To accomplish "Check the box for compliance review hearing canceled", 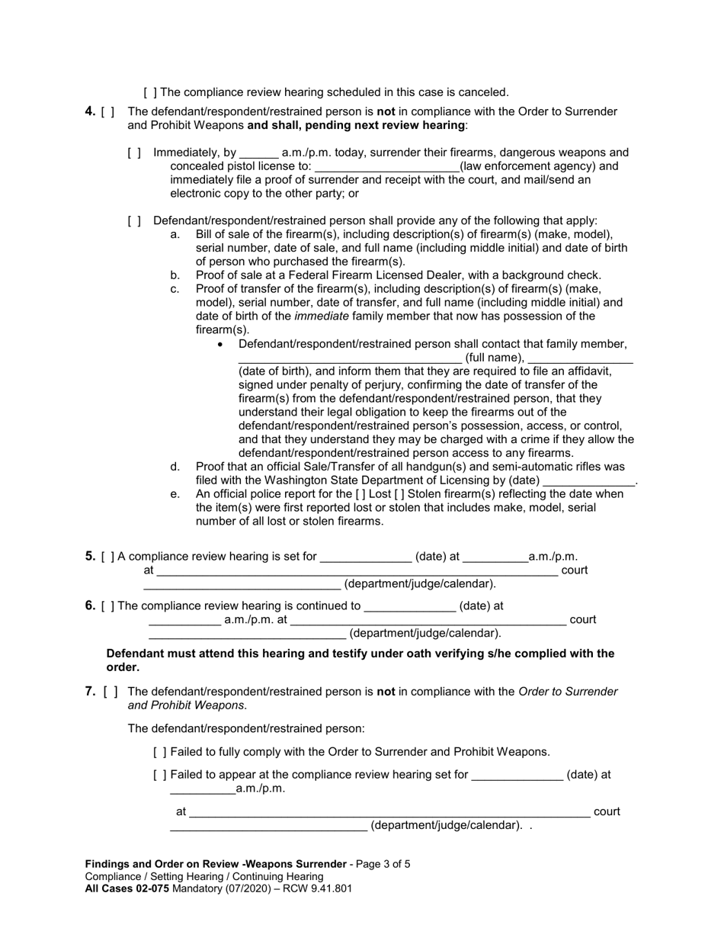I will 150,92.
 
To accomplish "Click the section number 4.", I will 90,111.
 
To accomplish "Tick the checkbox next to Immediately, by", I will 134,153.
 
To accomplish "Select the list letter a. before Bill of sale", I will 175,234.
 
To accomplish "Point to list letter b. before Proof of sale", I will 175,275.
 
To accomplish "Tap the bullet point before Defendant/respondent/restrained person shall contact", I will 221,345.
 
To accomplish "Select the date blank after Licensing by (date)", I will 589,482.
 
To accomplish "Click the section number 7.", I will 90,692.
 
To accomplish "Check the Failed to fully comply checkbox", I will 159,752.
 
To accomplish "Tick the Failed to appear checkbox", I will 159,775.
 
